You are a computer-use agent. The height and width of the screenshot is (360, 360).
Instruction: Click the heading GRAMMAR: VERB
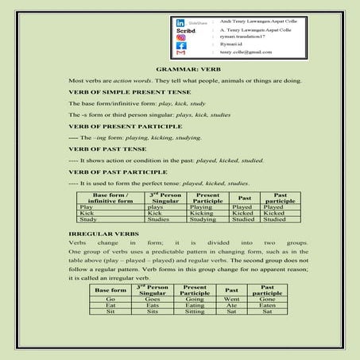click(180, 70)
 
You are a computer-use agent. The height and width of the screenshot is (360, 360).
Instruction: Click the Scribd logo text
click(184, 30)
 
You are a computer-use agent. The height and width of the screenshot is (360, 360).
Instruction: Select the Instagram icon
click(181, 38)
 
